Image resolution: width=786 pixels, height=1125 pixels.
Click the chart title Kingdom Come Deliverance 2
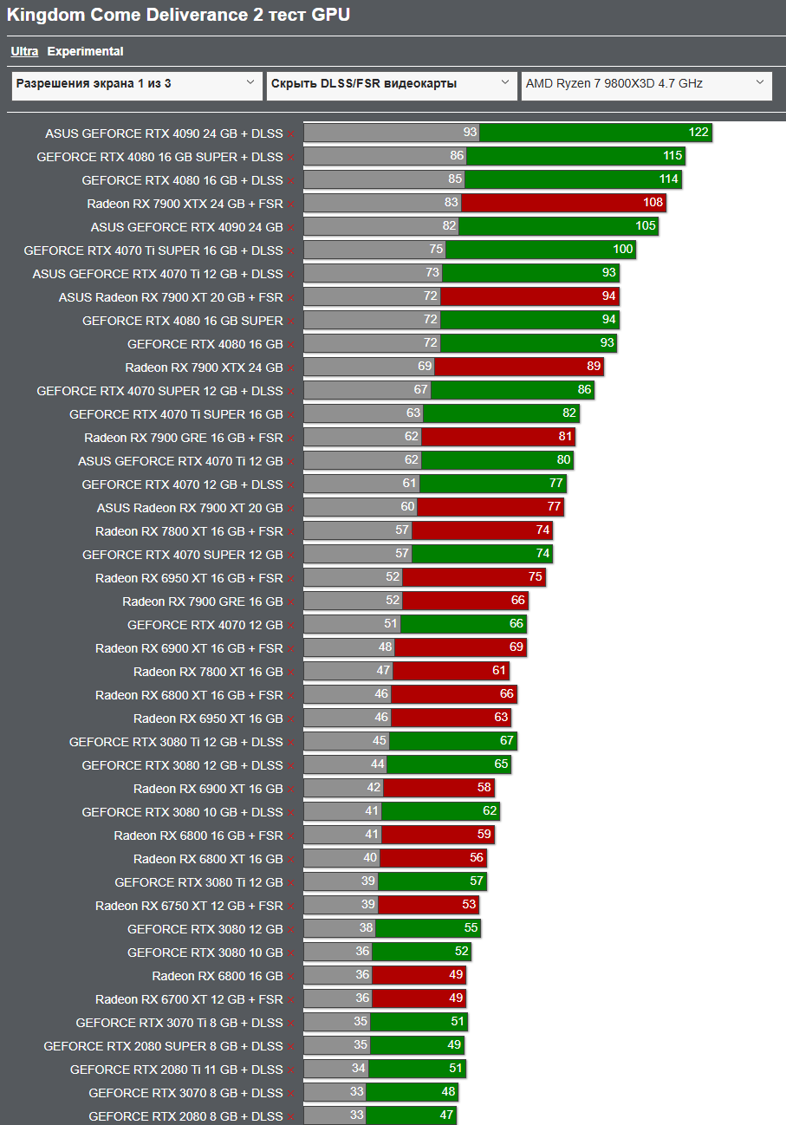[x=179, y=15]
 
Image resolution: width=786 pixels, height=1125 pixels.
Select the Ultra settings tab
[x=24, y=51]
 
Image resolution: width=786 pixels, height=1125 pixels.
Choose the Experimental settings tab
[x=85, y=51]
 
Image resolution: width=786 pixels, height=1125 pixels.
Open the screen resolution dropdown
[x=137, y=85]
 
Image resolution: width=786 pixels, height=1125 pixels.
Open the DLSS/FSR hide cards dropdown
[x=391, y=85]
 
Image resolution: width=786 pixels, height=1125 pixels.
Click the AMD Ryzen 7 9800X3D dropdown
[x=646, y=85]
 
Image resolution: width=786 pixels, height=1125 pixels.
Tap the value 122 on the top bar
[x=698, y=133]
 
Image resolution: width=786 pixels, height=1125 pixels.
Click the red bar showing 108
[x=563, y=203]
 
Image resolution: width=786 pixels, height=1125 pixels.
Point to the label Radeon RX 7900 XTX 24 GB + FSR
[x=185, y=204]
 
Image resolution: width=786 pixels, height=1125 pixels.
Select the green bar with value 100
[x=541, y=250]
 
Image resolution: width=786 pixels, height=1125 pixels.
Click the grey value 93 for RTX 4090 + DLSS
[x=470, y=133]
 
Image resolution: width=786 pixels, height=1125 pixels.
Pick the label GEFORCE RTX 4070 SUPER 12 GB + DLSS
[x=159, y=391]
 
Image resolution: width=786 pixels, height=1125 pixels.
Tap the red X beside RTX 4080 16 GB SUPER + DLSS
[x=291, y=158]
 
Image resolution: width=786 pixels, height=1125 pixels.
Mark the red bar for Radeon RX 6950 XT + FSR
[x=473, y=577]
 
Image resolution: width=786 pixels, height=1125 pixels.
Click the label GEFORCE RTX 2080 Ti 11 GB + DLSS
[x=176, y=1070]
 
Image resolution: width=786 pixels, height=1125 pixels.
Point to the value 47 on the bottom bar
[x=446, y=1115]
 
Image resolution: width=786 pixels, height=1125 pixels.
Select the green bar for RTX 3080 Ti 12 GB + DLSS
[x=452, y=741]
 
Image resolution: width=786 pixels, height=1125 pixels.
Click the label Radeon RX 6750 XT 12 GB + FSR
[x=189, y=906]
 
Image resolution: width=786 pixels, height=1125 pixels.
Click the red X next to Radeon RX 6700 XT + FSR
[x=291, y=1000]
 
